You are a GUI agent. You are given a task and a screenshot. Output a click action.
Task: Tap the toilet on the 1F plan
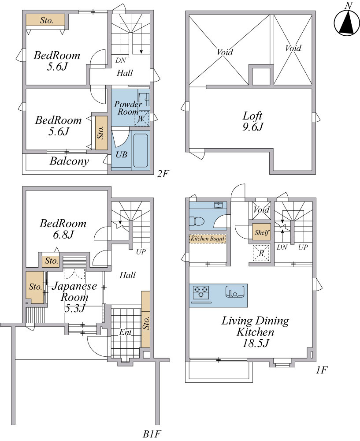pyautogui.click(x=197, y=221)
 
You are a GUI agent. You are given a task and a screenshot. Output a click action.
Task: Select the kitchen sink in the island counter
pyautogui.click(x=235, y=292)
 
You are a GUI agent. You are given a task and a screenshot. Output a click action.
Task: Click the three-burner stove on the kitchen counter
pyautogui.click(x=201, y=292)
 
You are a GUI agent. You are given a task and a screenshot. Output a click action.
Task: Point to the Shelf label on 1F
pyautogui.click(x=262, y=232)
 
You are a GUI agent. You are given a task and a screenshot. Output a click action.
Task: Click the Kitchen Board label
pyautogui.click(x=208, y=239)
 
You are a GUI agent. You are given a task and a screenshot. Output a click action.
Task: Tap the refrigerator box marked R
pyautogui.click(x=261, y=253)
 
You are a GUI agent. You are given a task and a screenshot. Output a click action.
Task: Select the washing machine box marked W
pyautogui.click(x=141, y=119)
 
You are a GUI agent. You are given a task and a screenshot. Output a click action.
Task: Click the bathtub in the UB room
pyautogui.click(x=141, y=150)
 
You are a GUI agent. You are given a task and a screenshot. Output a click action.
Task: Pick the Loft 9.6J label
pyautogui.click(x=252, y=121)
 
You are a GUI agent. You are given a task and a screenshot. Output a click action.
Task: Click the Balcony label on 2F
pyautogui.click(x=69, y=161)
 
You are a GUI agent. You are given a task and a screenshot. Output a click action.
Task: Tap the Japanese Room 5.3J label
pyautogui.click(x=74, y=297)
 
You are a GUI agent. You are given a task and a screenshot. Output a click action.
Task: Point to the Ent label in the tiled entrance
pyautogui.click(x=125, y=333)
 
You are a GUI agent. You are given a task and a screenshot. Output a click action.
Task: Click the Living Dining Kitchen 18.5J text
pyautogui.click(x=255, y=332)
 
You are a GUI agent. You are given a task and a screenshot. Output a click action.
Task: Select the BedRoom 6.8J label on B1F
pyautogui.click(x=63, y=229)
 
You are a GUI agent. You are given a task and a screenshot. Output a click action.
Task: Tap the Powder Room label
pyautogui.click(x=128, y=108)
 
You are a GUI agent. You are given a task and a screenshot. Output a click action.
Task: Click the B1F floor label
pyautogui.click(x=152, y=434)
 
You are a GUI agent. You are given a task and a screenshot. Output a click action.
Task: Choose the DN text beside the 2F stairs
pyautogui.click(x=121, y=60)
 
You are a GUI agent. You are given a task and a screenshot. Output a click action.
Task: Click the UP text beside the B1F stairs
pyautogui.click(x=141, y=252)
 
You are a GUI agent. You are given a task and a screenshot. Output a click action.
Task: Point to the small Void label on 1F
pyautogui.click(x=261, y=209)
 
